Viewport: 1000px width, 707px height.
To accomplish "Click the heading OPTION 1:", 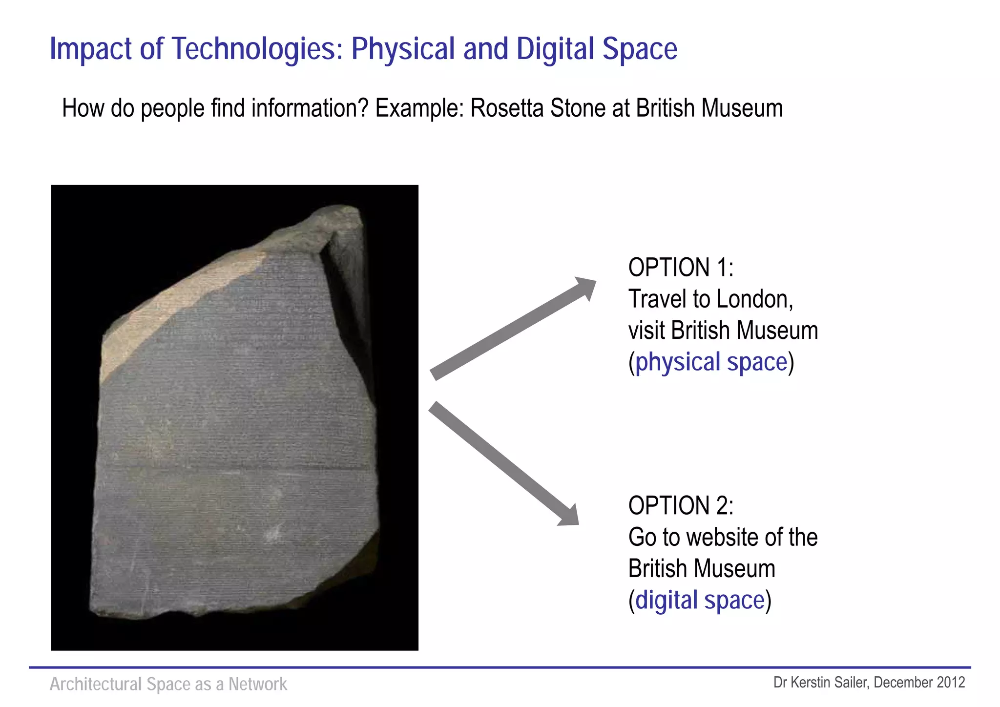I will point(681,268).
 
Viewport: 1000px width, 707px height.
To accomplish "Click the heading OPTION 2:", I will point(681,505).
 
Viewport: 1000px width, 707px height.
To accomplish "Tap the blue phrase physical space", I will point(711,362).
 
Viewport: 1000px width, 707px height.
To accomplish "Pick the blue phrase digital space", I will point(700,600).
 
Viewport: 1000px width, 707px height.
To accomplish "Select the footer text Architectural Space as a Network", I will point(168,684).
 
